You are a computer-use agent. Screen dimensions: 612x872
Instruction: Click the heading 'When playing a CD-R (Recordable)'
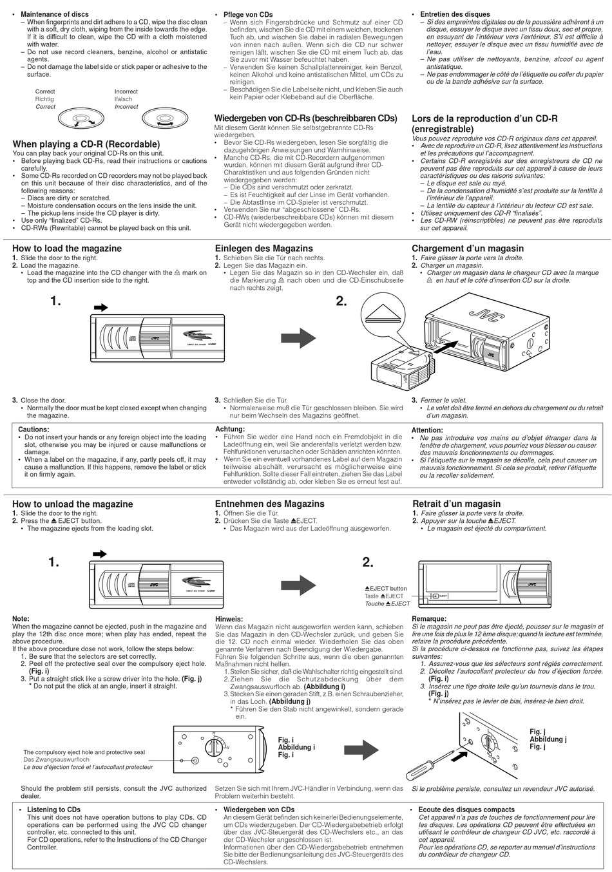(86, 144)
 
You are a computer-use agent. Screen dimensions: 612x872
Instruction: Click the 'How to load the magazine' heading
(67, 249)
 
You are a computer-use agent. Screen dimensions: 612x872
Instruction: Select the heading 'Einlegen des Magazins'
(263, 249)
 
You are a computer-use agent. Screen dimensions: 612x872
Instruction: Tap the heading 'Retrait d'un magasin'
(456, 504)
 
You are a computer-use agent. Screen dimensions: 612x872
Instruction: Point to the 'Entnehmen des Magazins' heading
(269, 504)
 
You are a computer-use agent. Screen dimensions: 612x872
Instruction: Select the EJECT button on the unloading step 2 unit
(439, 596)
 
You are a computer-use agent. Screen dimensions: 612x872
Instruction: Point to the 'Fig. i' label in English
(286, 740)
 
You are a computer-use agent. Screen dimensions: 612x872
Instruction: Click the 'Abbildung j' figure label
(548, 739)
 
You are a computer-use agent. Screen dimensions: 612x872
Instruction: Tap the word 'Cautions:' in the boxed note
(33, 430)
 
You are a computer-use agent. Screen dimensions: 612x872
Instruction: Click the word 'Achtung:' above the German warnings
(230, 429)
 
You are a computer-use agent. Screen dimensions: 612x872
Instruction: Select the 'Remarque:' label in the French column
(429, 619)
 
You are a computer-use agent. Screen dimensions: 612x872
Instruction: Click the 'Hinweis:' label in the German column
(229, 619)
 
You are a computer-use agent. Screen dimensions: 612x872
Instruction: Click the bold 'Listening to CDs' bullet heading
(54, 810)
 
